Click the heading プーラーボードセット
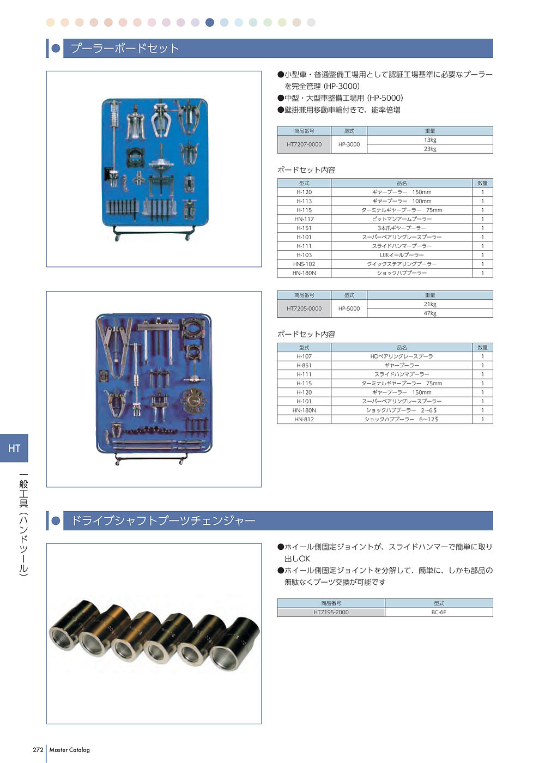125,49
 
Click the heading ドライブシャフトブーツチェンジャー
163,521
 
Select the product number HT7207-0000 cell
304,144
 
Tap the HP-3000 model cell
349,144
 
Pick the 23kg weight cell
430,149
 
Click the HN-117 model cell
304,219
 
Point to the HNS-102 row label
304,264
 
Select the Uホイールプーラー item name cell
402,255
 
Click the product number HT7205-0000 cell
304,308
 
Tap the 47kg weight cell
430,313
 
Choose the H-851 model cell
304,366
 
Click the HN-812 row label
304,420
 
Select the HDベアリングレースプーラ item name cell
402,356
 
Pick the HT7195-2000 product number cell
331,613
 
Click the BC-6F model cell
439,613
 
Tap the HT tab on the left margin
14,449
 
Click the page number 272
38,750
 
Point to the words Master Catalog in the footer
69,750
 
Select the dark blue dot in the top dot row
210,22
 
